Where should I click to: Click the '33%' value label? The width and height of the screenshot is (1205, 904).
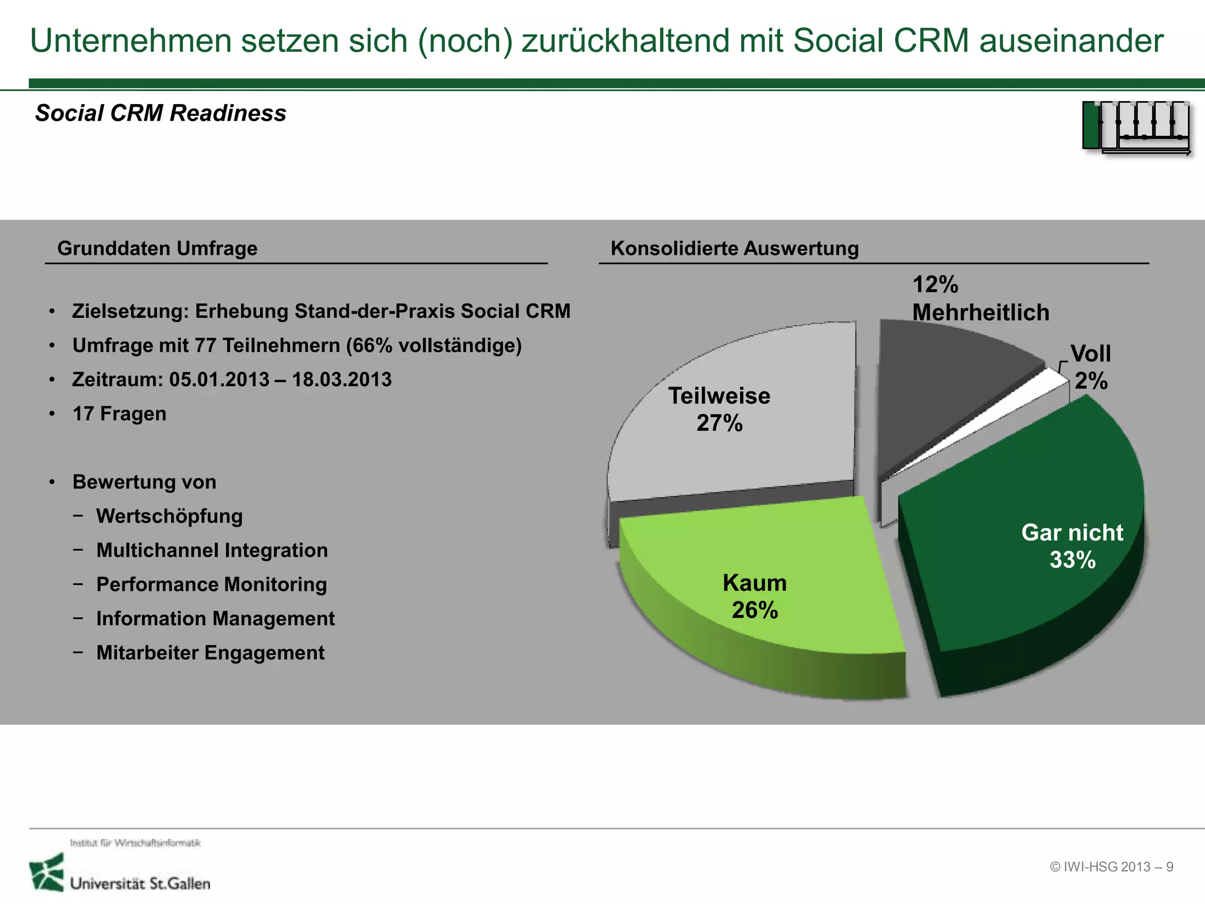(x=1072, y=560)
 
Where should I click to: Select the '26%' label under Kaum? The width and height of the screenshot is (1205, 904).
(x=754, y=610)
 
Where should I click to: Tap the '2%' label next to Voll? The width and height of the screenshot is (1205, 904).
(x=1091, y=381)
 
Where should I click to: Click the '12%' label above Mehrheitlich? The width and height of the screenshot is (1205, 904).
(x=935, y=285)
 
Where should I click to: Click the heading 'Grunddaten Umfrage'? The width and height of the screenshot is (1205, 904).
(x=157, y=248)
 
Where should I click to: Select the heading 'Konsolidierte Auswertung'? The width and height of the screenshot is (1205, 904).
(x=734, y=248)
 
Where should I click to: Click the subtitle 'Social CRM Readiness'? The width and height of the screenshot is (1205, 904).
(x=161, y=113)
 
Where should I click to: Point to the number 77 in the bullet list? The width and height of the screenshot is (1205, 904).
(x=206, y=345)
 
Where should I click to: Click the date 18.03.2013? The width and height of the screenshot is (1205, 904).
(x=341, y=380)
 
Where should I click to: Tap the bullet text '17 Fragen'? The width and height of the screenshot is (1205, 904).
(x=119, y=414)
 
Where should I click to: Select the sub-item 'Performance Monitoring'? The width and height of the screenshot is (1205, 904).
(x=211, y=584)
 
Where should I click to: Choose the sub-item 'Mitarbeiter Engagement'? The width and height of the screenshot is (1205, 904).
(x=210, y=653)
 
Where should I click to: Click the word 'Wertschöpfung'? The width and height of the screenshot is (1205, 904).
(x=169, y=516)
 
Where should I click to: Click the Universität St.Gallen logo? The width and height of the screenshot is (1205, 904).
(x=121, y=872)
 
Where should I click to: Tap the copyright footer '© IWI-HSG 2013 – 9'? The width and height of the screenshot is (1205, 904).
(x=1111, y=867)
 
